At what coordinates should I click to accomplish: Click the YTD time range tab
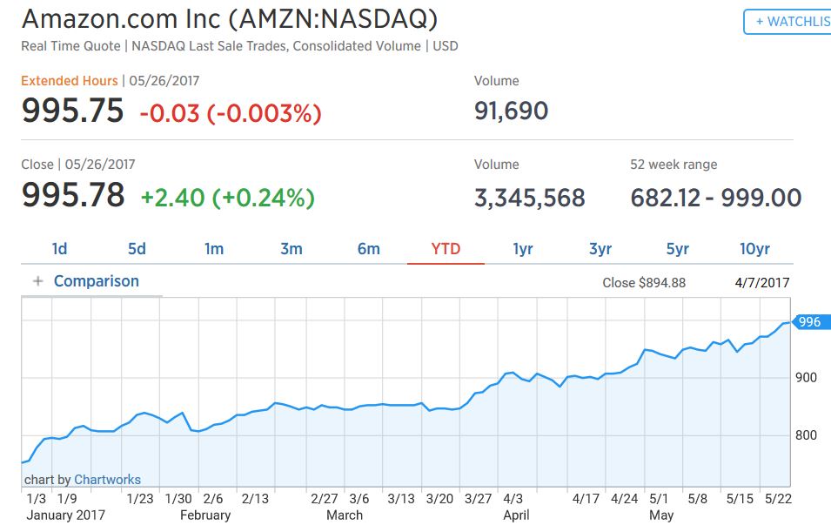click(x=446, y=249)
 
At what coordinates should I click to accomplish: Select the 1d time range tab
click(x=59, y=249)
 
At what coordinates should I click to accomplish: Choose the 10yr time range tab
click(x=754, y=249)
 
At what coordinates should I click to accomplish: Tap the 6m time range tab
click(x=368, y=249)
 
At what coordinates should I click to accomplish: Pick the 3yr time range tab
click(x=600, y=249)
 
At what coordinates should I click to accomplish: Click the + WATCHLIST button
click(x=787, y=22)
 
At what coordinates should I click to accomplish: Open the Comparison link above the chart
click(x=96, y=281)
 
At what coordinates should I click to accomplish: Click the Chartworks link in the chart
click(x=107, y=480)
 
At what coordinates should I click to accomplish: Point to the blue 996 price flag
click(x=808, y=322)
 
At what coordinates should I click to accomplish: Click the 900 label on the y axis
click(x=805, y=377)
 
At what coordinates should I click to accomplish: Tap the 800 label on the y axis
click(x=805, y=435)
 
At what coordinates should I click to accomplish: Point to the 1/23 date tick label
click(x=139, y=499)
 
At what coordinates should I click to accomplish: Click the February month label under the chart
click(x=205, y=515)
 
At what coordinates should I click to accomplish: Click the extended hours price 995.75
click(x=73, y=111)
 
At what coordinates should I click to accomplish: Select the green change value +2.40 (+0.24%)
click(x=227, y=198)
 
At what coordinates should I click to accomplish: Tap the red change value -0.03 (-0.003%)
click(x=231, y=112)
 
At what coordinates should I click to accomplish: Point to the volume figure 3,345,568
click(x=529, y=198)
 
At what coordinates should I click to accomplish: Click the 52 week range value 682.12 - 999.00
click(x=715, y=198)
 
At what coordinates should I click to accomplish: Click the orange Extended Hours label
click(x=70, y=81)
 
